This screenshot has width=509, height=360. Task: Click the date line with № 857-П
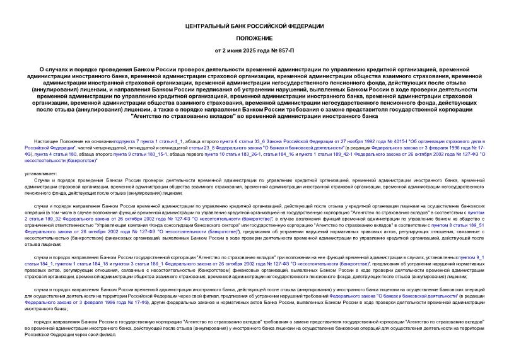pyautogui.click(x=254, y=50)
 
